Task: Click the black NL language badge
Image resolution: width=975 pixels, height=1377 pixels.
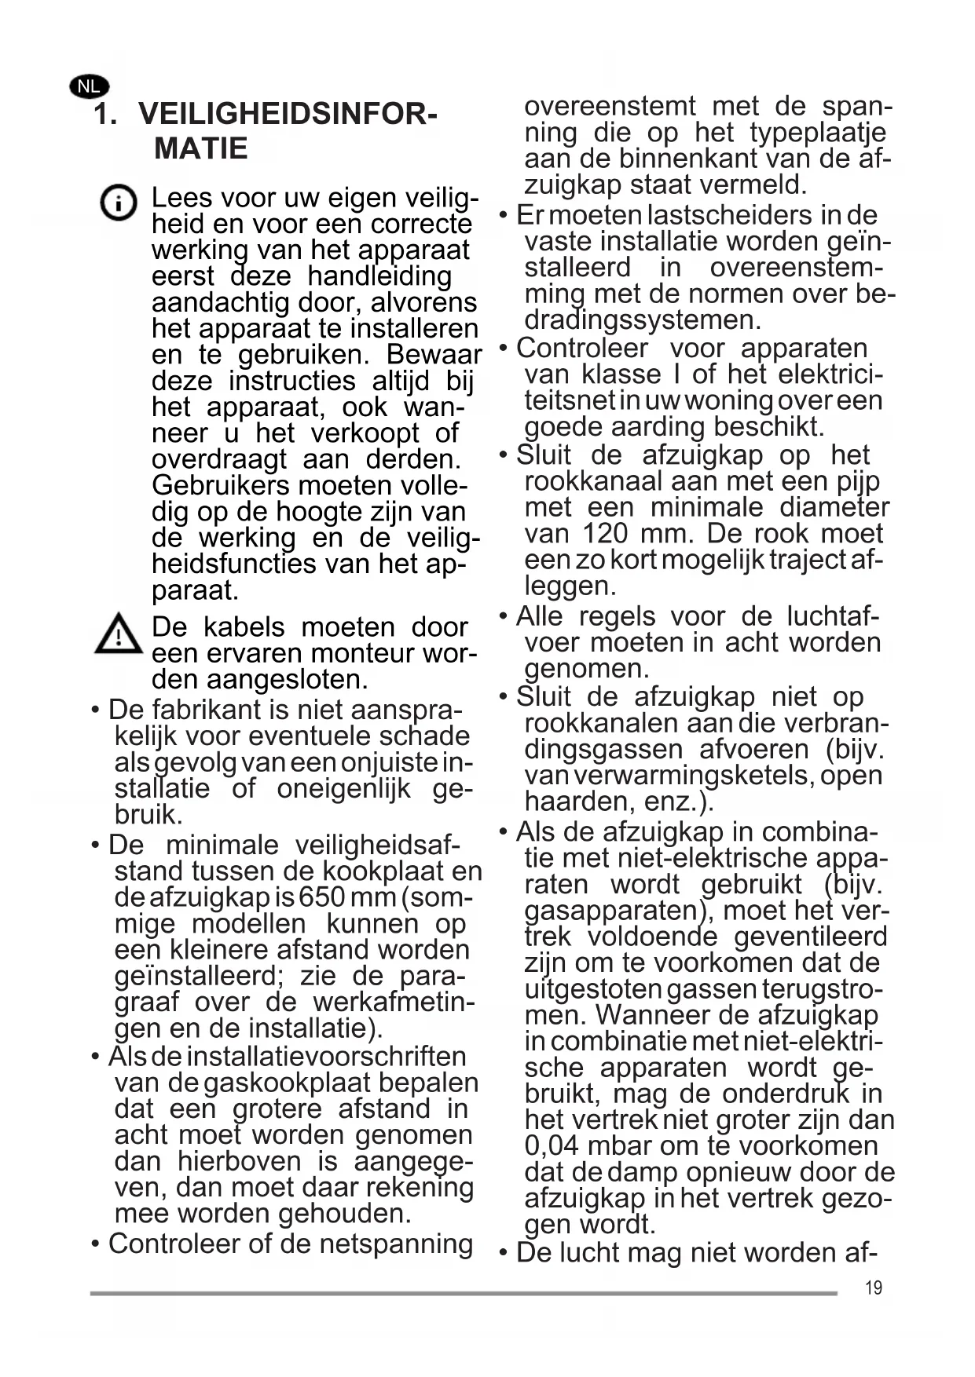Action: (90, 86)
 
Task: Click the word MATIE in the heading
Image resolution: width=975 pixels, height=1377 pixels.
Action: (201, 148)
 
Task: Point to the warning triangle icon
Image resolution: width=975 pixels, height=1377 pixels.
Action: (118, 634)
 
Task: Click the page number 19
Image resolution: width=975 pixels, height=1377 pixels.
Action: (873, 1288)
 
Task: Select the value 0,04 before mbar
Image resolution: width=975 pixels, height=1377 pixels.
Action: (551, 1145)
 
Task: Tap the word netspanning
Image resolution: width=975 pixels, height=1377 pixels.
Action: (396, 1244)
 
